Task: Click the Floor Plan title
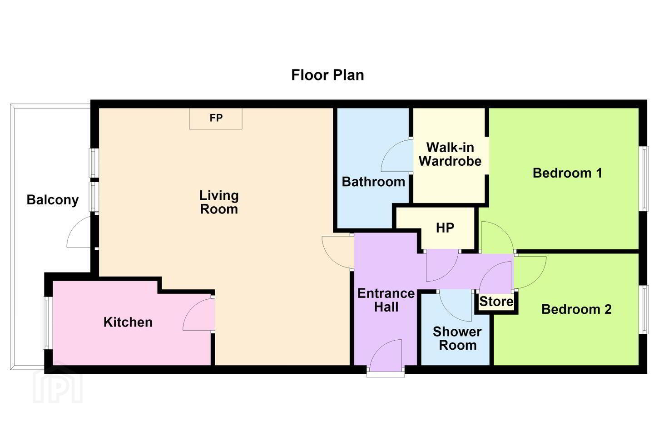pos(327,75)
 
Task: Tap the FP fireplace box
pos(215,118)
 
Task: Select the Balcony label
pos(53,200)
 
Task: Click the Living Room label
pos(219,202)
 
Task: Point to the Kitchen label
pos(128,322)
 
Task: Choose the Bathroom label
pos(373,182)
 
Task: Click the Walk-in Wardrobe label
pos(450,154)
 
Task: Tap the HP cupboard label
pos(445,228)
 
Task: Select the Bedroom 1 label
pos(567,173)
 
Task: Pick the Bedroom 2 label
pos(576,309)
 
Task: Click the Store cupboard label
pos(496,302)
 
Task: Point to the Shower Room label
pos(457,338)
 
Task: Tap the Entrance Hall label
pos(386,300)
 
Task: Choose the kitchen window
pos(48,323)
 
